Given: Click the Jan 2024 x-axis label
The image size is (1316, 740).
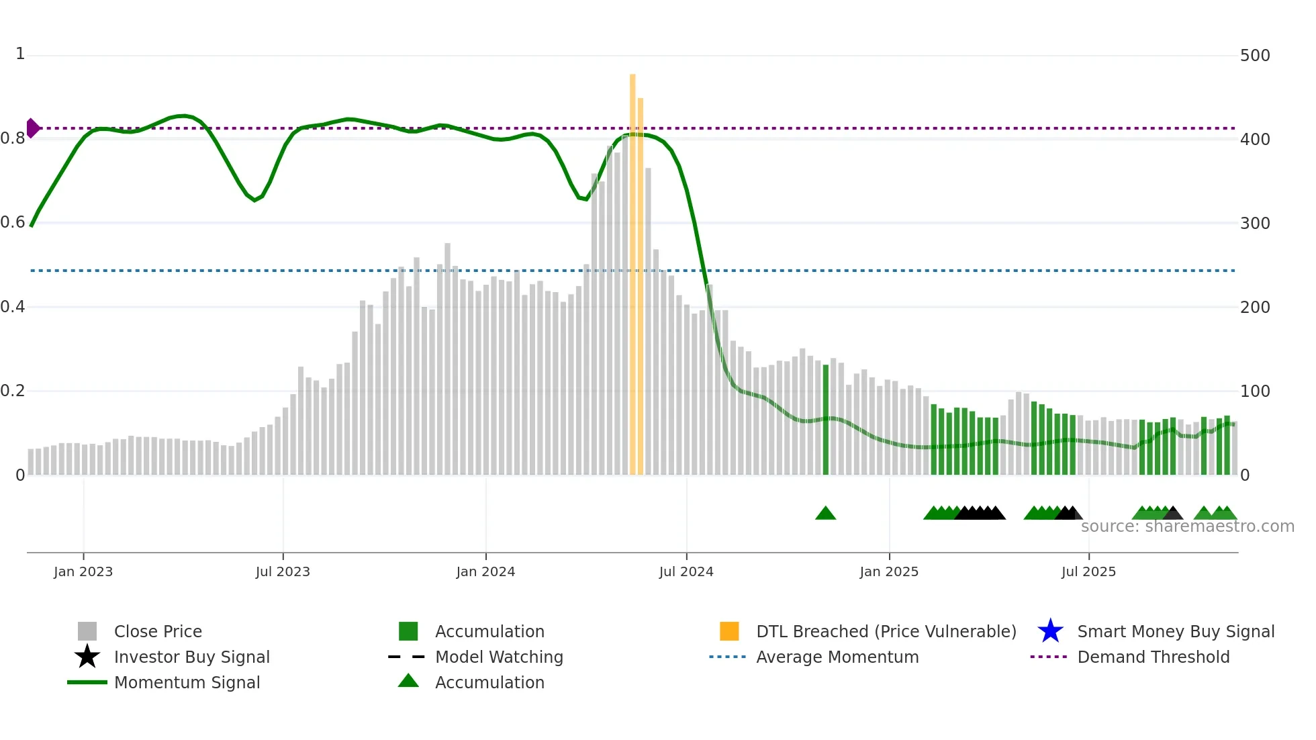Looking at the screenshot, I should click(485, 571).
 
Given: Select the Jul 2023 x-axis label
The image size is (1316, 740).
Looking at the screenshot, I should click(283, 571).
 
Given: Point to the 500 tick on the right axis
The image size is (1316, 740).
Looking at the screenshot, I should click(1255, 56).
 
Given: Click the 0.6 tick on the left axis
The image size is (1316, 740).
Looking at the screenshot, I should click(13, 222).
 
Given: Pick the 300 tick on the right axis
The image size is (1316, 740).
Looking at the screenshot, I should click(1255, 223).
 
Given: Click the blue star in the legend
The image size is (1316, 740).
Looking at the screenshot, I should click(1050, 631).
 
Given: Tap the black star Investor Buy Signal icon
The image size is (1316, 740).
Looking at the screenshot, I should click(87, 657).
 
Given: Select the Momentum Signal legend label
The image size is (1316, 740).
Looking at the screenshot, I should click(187, 682).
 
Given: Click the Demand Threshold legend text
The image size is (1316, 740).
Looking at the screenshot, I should click(1153, 657).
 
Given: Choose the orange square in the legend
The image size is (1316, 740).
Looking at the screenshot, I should click(729, 631).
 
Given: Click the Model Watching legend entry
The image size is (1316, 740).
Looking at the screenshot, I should click(499, 657).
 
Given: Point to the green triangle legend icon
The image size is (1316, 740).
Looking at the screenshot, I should click(408, 681).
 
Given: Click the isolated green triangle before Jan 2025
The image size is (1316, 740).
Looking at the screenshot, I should click(825, 514).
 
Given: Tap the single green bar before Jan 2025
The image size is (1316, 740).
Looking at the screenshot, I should click(826, 420).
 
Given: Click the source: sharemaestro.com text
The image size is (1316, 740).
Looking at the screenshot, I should click(1187, 526).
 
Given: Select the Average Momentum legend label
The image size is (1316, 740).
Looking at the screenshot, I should click(837, 657).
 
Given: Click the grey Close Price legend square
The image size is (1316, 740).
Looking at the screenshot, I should click(87, 631).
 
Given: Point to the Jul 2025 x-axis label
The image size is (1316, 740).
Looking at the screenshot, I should click(1088, 571).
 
